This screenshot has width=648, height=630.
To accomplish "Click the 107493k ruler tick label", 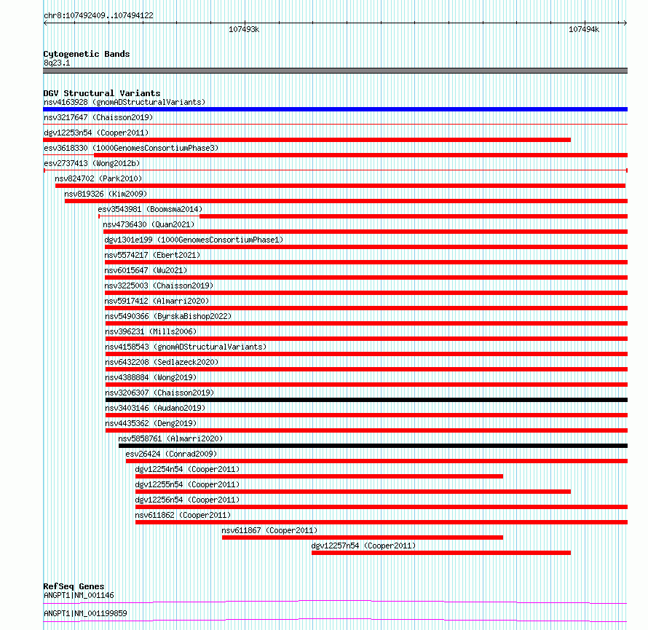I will tap(244, 30).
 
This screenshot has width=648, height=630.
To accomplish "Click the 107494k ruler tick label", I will tap(584, 30).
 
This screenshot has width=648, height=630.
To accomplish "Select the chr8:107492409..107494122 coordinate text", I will tap(98, 15).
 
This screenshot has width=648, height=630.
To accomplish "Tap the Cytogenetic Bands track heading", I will tap(86, 54).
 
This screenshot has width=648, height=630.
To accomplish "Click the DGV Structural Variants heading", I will tap(101, 93).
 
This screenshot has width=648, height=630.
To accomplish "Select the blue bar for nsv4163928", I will tap(335, 109).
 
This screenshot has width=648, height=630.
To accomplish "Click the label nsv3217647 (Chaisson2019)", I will tap(98, 117).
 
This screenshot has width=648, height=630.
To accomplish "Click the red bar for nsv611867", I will tap(362, 538).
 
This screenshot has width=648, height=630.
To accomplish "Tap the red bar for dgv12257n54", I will tap(440, 553).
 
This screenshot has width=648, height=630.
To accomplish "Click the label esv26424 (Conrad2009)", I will tap(171, 454).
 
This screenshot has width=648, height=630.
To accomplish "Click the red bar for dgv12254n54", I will tap(319, 476).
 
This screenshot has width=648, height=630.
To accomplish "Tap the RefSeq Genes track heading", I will tap(74, 586).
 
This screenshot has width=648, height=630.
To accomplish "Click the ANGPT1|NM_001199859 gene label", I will tap(85, 613).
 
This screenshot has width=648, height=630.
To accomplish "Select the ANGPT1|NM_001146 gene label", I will tap(79, 595).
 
